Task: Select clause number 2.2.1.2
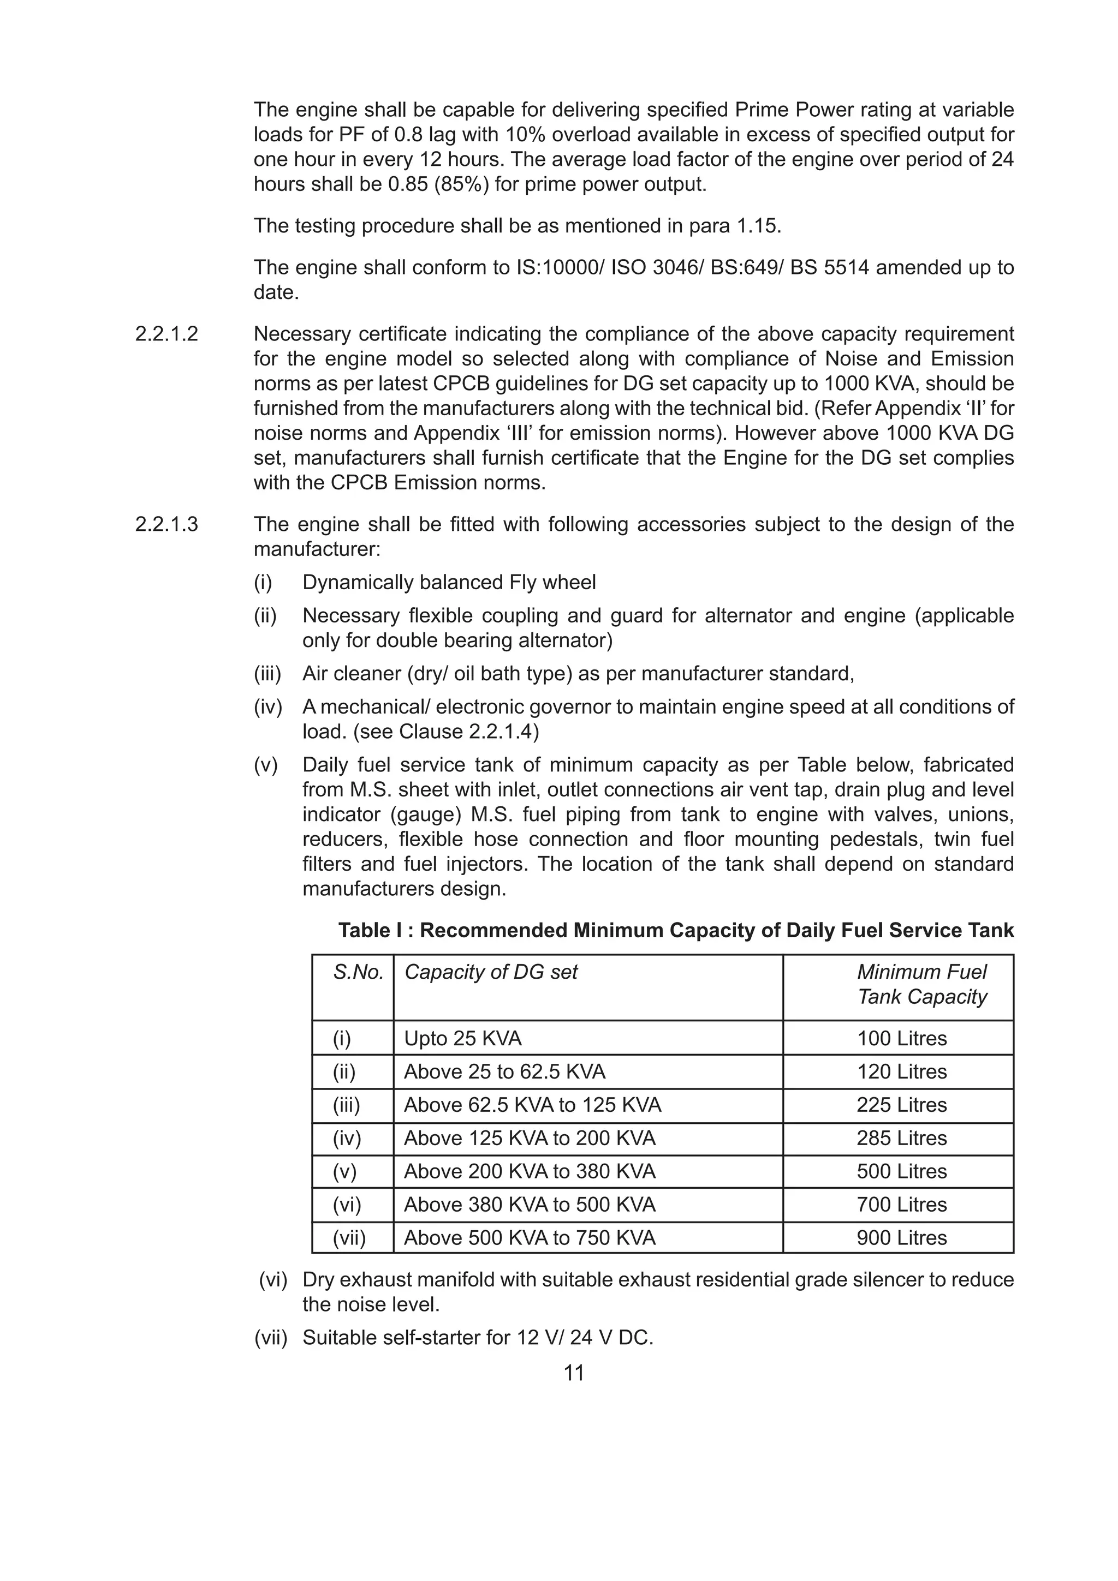click(166, 334)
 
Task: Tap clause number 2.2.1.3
click(166, 525)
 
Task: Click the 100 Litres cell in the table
click(901, 1038)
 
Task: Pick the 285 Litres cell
click(901, 1138)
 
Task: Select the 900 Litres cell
click(901, 1238)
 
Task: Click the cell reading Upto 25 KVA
click(462, 1038)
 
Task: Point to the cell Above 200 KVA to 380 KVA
click(529, 1171)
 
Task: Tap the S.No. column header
click(358, 972)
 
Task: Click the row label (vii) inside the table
click(349, 1238)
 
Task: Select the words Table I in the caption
click(370, 931)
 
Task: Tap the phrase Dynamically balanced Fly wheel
click(449, 583)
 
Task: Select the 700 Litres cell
click(901, 1205)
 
